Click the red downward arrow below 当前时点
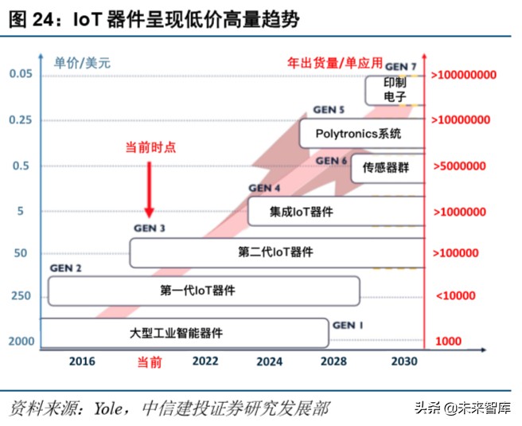149,189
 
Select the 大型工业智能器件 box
183,333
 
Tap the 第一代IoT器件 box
204,291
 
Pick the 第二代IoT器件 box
275,252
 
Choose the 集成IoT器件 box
334,212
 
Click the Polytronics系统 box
360,134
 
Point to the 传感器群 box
386,168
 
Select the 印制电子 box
394,90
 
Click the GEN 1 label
349,326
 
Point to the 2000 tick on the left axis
21,342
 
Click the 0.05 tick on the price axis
21,74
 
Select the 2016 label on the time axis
82,362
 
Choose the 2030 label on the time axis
405,362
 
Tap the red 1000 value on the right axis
448,342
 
